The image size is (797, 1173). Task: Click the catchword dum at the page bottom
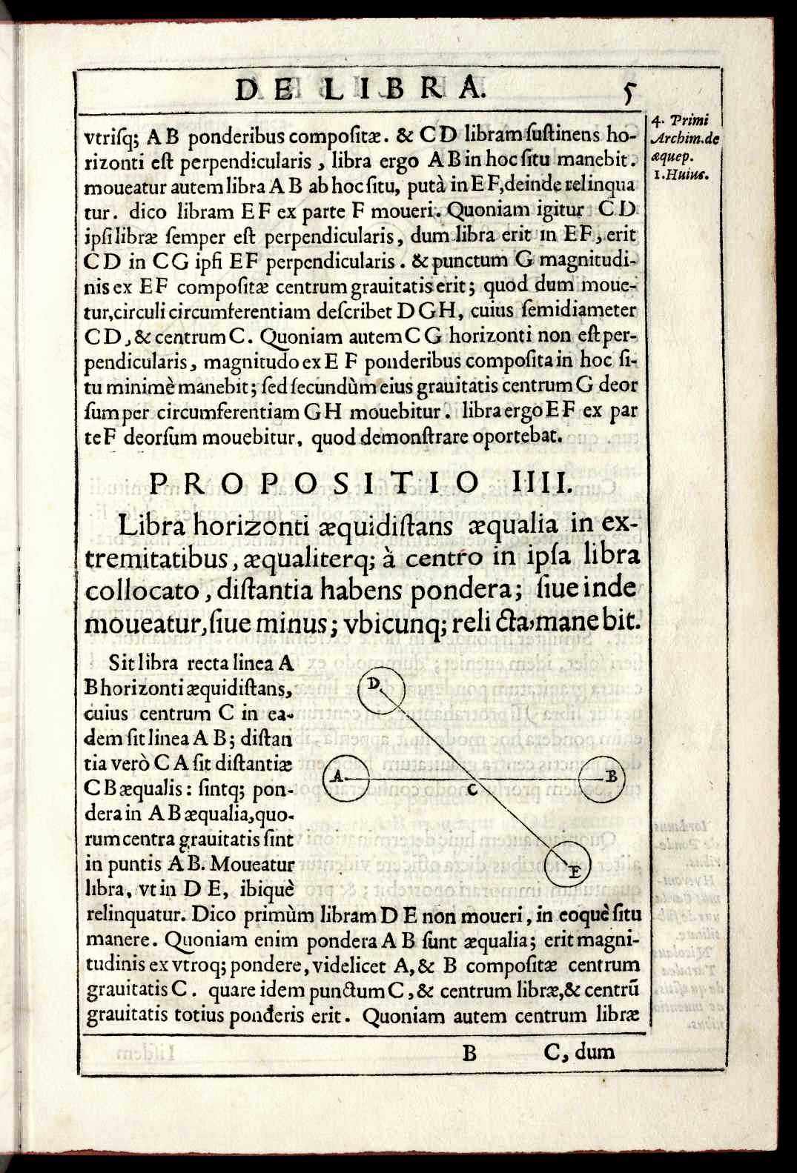point(596,1051)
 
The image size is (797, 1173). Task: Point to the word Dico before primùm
point(214,915)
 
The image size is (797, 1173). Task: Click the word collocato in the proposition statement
point(143,591)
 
